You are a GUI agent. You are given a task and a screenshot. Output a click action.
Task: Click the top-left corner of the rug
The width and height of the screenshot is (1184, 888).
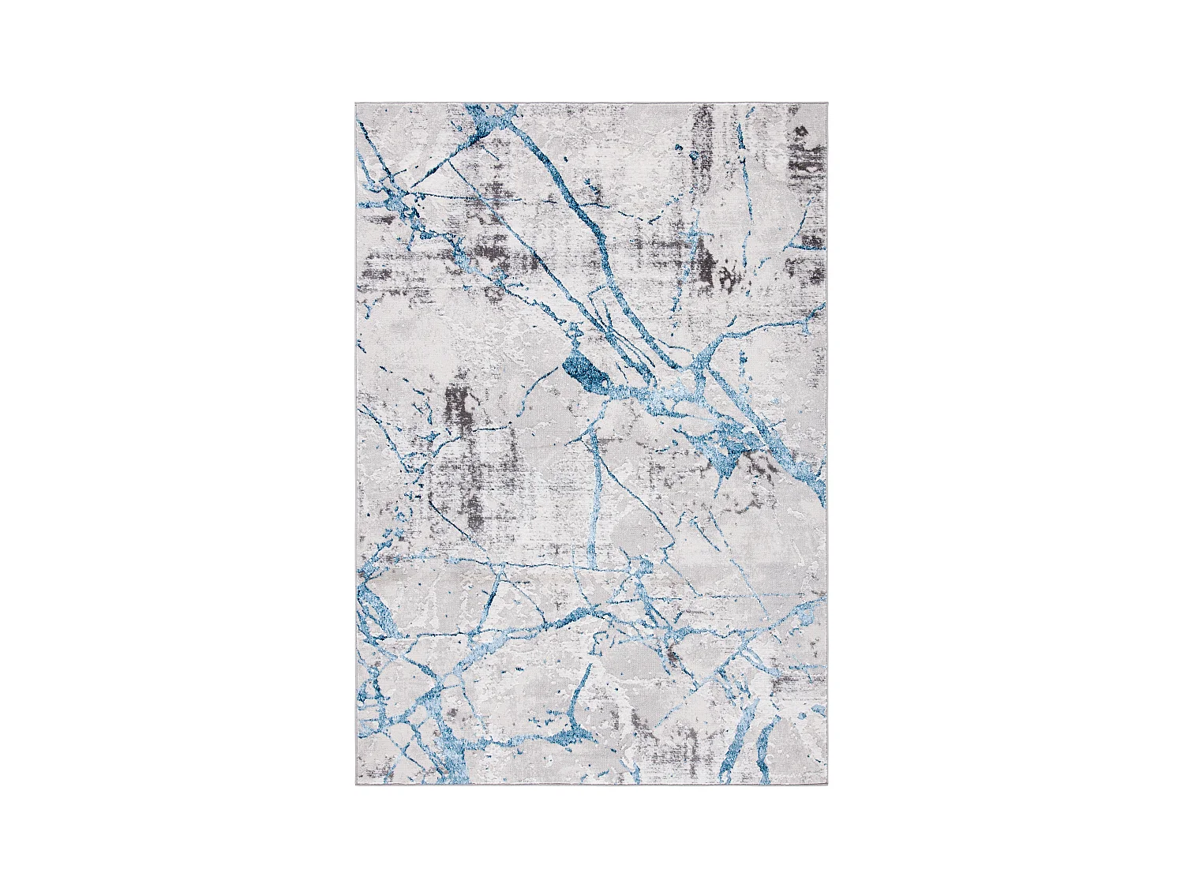pos(354,103)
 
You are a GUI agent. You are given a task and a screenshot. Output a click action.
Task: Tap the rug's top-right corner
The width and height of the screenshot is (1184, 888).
pos(830,103)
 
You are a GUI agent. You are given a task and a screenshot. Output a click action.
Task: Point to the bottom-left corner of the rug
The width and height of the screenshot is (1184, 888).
pos(354,789)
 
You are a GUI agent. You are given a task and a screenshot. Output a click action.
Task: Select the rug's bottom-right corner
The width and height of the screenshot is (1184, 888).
pos(830,789)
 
